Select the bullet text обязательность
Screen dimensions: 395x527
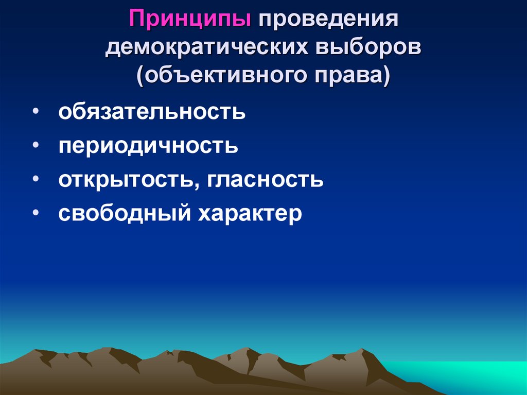tap(152, 112)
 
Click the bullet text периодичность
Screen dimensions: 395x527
tap(148, 146)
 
